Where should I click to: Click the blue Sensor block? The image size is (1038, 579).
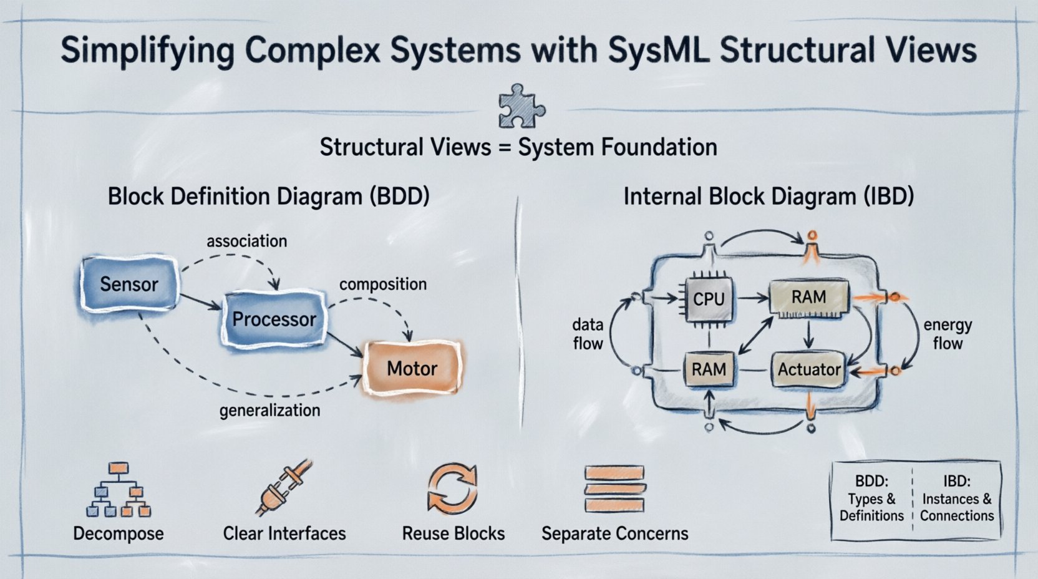pyautogui.click(x=129, y=285)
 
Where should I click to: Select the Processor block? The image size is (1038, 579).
pyautogui.click(x=274, y=319)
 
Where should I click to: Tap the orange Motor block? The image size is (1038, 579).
pyautogui.click(x=412, y=368)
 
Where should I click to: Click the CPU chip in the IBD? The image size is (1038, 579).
pyautogui.click(x=709, y=299)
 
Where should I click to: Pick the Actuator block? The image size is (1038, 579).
pyautogui.click(x=808, y=369)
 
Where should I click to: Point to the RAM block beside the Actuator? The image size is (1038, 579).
pyautogui.click(x=709, y=369)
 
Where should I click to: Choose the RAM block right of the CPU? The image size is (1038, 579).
pyautogui.click(x=808, y=297)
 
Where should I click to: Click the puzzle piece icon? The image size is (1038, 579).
pyautogui.click(x=521, y=106)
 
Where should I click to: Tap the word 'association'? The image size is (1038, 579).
pyautogui.click(x=247, y=241)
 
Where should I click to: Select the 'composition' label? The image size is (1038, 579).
pyautogui.click(x=383, y=285)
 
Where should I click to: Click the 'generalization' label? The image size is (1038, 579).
pyautogui.click(x=269, y=411)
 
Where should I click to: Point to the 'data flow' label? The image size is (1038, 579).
pyautogui.click(x=588, y=334)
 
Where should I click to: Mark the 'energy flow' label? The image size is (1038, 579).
pyautogui.click(x=947, y=334)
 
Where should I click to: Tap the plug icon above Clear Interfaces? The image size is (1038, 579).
pyautogui.click(x=284, y=488)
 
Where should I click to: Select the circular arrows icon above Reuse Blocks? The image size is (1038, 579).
pyautogui.click(x=452, y=489)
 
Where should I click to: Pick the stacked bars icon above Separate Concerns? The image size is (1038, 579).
pyautogui.click(x=614, y=489)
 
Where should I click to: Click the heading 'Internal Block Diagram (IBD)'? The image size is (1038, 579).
pyautogui.click(x=769, y=197)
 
